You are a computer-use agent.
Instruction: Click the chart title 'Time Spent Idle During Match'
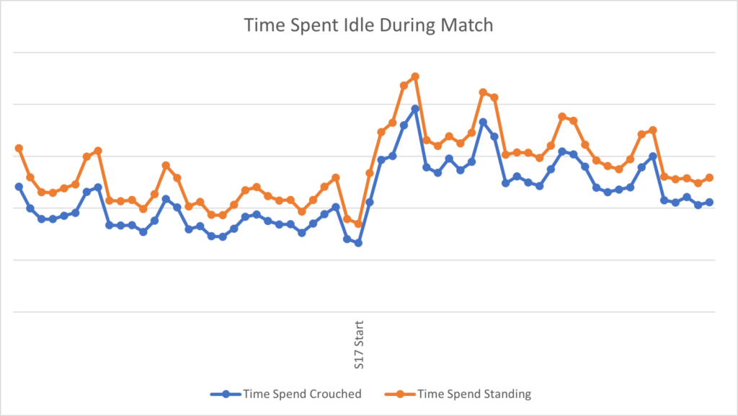pos(368,25)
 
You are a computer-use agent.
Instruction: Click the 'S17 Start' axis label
pos(359,345)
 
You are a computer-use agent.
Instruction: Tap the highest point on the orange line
pos(415,76)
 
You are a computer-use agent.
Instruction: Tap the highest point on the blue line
pos(415,109)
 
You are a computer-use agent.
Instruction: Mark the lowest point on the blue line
pos(358,243)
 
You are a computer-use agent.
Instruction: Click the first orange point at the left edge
pos(19,148)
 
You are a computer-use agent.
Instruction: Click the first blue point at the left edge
pos(19,186)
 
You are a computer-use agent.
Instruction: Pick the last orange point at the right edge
pos(710,177)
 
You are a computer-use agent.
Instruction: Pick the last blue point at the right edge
pos(710,202)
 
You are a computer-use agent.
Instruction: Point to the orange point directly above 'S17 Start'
pos(358,224)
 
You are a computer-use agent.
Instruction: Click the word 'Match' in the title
pos(468,25)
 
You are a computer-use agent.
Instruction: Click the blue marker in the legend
pos(226,394)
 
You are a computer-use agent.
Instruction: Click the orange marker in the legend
pos(403,394)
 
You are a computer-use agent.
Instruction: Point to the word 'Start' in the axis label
pos(359,332)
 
